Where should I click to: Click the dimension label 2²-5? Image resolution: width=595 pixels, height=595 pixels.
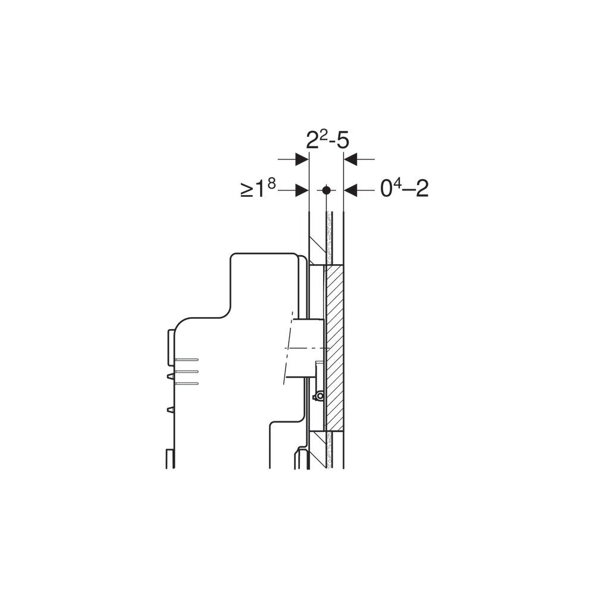pyautogui.click(x=327, y=140)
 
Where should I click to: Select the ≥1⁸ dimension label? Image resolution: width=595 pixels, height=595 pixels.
pyautogui.click(x=258, y=188)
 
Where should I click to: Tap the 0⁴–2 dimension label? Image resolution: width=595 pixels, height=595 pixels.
pyautogui.click(x=405, y=188)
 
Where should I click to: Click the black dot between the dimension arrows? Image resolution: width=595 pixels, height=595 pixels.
pyautogui.click(x=325, y=190)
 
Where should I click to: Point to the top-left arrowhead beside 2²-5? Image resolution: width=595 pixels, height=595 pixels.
pyautogui.click(x=302, y=159)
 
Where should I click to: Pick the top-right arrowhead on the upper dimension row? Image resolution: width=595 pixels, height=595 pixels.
pyautogui.click(x=350, y=159)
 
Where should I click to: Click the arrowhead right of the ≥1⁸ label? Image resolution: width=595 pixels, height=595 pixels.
pyautogui.click(x=302, y=190)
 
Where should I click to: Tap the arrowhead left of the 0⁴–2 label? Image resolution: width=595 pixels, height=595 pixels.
pyautogui.click(x=350, y=190)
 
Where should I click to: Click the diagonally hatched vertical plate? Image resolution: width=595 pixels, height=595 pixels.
pyautogui.click(x=334, y=348)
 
